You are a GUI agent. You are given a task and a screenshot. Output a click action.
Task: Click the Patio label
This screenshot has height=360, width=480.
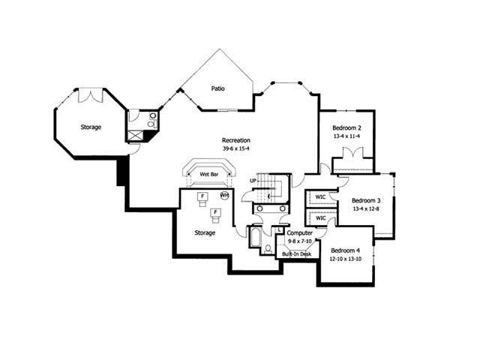(x=218, y=88)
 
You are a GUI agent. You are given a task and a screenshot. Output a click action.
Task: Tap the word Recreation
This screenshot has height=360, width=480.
(x=235, y=140)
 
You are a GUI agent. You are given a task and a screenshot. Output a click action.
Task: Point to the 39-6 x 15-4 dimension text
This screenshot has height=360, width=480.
(x=235, y=149)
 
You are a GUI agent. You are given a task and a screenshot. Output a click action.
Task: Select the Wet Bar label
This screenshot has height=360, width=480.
(x=208, y=175)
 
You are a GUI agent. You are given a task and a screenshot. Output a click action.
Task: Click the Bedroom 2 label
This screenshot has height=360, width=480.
(x=347, y=128)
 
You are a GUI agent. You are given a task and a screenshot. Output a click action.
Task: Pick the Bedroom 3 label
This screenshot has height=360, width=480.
(x=367, y=200)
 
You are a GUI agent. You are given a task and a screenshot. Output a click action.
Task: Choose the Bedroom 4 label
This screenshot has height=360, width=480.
(x=346, y=250)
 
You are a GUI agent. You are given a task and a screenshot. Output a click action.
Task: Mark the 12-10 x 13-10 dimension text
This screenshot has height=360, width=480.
(x=346, y=259)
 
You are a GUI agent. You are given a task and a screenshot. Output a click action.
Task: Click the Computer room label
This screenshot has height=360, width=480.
(x=299, y=233)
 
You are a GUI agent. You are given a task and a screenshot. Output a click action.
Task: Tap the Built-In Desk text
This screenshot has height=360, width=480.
(x=297, y=254)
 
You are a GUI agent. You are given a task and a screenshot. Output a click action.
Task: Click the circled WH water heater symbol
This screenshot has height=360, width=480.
(x=223, y=196)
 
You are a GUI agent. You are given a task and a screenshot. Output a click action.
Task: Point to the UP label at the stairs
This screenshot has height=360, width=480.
(x=253, y=181)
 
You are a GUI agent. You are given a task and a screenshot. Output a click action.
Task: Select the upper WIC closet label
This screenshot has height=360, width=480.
(x=320, y=197)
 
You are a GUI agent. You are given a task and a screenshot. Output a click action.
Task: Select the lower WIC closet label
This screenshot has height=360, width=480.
(x=320, y=219)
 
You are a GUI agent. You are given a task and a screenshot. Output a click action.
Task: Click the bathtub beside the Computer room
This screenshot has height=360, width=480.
(x=253, y=239)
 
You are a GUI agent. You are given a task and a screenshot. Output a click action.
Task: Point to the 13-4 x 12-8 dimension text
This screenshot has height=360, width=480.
(x=367, y=209)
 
